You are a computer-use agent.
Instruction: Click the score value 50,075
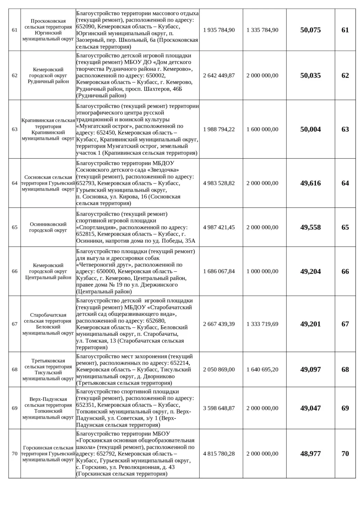(310, 30)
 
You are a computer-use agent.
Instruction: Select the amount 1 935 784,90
(219, 30)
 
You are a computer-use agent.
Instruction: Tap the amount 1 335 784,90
(262, 30)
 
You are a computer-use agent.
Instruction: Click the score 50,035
(310, 76)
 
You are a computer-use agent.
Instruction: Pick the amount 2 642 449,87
(219, 76)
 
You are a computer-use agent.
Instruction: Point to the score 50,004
(310, 130)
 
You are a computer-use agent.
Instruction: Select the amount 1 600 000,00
(262, 130)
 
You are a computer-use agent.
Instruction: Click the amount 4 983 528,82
(219, 183)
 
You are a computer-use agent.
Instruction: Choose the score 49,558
(310, 228)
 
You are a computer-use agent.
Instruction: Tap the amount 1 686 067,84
(219, 271)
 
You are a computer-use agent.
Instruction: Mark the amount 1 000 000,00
(262, 271)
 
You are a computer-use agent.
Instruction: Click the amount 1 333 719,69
(262, 324)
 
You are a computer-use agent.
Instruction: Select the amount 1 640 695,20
(262, 370)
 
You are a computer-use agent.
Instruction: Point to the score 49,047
(310, 408)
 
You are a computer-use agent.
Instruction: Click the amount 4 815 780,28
(219, 454)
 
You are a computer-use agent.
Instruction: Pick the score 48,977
(310, 454)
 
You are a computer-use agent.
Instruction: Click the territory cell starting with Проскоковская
(48, 30)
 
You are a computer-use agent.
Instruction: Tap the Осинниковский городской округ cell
(48, 228)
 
